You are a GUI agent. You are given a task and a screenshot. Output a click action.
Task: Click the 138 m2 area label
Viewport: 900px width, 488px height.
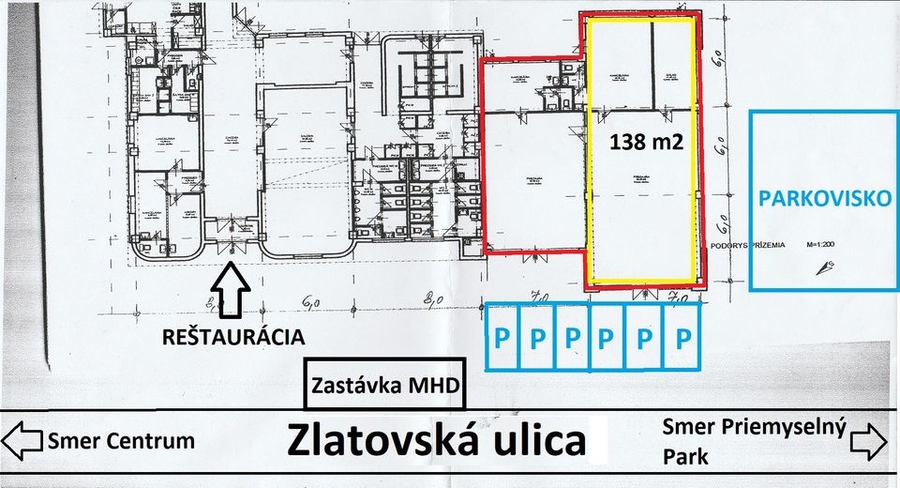coord(646,143)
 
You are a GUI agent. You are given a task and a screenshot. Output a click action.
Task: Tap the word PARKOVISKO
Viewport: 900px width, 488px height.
coord(822,200)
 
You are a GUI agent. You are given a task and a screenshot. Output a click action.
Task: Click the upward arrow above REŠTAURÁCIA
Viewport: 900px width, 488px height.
coord(232,292)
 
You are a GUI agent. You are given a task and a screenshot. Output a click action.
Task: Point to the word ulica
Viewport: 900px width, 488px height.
coord(547,439)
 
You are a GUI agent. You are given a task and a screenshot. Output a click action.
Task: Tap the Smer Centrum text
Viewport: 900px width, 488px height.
coord(121,440)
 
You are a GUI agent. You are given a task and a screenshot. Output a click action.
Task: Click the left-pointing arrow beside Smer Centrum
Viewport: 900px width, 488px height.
coord(22,439)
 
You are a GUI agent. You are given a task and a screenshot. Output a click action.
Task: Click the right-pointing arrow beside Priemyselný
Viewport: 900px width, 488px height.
coord(869,438)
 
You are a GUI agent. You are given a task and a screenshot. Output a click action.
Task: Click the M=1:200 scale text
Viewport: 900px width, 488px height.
coord(824,245)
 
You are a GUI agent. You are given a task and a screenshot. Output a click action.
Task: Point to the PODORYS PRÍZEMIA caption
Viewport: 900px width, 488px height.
coord(747,244)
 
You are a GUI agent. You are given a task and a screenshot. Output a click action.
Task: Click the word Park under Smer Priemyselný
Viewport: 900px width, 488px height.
coord(686,461)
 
